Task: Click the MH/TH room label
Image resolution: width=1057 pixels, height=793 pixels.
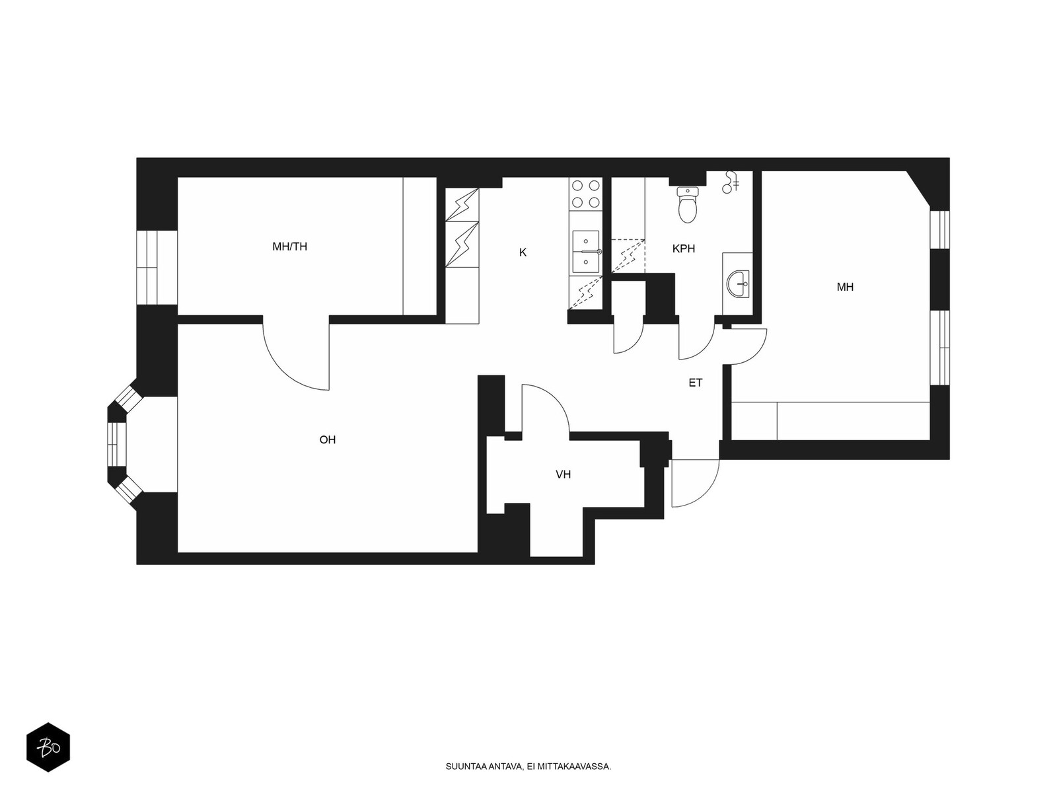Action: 289,246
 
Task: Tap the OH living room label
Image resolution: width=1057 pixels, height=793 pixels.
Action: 328,439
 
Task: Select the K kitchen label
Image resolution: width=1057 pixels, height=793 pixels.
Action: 523,252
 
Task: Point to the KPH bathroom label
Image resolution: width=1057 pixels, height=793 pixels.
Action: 683,248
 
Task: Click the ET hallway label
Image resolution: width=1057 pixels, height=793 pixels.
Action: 696,383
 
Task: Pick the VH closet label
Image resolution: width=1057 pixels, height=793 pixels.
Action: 563,474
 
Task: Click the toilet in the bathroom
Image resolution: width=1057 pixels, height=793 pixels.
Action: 688,205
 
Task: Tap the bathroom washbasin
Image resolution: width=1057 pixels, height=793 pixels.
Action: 738,285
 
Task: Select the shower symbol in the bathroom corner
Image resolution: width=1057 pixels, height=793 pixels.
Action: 731,183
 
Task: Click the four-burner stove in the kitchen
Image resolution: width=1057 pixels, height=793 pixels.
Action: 585,194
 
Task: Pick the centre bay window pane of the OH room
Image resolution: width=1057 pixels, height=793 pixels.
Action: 112,444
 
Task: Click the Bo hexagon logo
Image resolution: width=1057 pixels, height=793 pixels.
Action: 48,747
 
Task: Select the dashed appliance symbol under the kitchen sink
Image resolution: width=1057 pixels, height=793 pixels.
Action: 585,293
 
